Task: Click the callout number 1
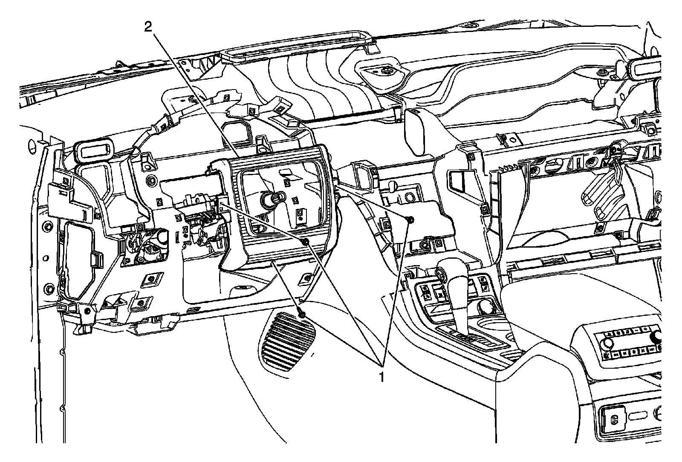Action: tap(382, 377)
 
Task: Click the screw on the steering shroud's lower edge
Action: tap(306, 242)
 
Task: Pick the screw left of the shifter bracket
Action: tap(410, 219)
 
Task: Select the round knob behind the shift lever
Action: tap(486, 306)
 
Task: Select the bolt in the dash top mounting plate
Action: tap(388, 70)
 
